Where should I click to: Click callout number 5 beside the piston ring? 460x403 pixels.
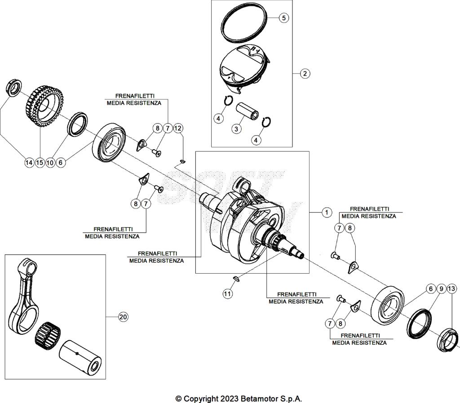point(283,18)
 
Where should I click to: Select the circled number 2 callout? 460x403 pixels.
point(305,73)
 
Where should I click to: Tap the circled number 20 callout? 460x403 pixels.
point(123,317)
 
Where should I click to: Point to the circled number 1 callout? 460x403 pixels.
point(327,213)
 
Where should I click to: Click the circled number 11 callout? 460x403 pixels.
point(228,294)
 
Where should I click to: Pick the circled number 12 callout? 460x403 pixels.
point(178,128)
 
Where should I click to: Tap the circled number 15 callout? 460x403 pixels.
point(40,163)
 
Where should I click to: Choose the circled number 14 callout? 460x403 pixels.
point(29,163)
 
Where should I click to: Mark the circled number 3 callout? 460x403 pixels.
point(235,129)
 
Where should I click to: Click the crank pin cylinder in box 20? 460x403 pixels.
point(81,355)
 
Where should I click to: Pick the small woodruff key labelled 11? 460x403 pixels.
point(238,279)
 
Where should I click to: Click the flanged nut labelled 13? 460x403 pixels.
point(447,339)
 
